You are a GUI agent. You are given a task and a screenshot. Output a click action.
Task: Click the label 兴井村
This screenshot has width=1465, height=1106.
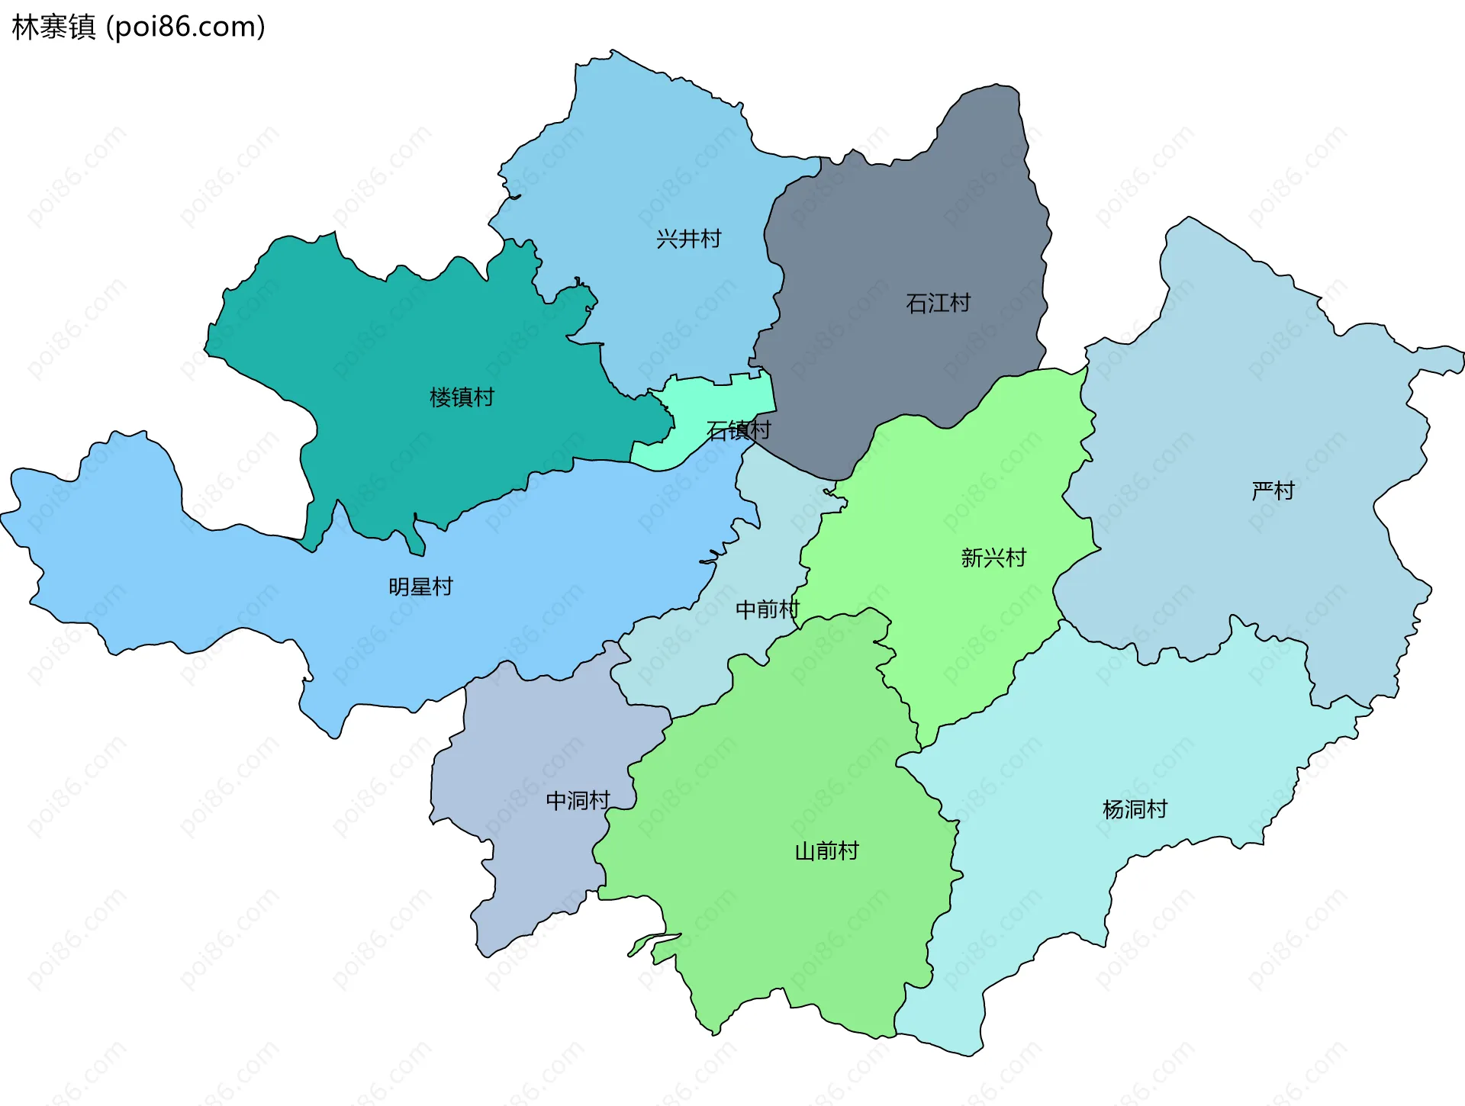[688, 239]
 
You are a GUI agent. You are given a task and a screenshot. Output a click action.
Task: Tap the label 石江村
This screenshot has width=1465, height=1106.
[938, 304]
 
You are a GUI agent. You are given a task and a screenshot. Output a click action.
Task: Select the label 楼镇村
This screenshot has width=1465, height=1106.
[462, 397]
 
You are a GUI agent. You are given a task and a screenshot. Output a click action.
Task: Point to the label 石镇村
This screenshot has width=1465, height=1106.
[738, 431]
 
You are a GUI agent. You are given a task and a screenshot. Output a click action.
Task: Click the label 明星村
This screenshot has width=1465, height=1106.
[420, 587]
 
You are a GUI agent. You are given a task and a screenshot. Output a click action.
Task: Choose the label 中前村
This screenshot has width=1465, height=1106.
[767, 609]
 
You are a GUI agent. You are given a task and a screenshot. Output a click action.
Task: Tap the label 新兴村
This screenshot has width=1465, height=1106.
[993, 558]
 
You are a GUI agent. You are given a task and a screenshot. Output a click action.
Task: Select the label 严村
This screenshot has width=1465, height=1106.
[1273, 490]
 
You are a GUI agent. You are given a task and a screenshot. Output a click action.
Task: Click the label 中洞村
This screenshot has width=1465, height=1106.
[578, 800]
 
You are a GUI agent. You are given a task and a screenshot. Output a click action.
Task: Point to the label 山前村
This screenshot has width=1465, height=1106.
[826, 850]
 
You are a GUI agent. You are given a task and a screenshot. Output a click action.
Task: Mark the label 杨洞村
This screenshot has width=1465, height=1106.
[1135, 809]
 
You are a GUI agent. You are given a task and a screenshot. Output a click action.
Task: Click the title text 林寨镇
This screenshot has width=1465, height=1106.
[53, 27]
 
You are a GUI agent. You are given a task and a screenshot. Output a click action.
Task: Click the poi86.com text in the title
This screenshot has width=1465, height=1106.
[185, 27]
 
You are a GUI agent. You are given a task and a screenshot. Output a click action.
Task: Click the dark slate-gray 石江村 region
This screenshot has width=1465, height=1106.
[900, 229]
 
